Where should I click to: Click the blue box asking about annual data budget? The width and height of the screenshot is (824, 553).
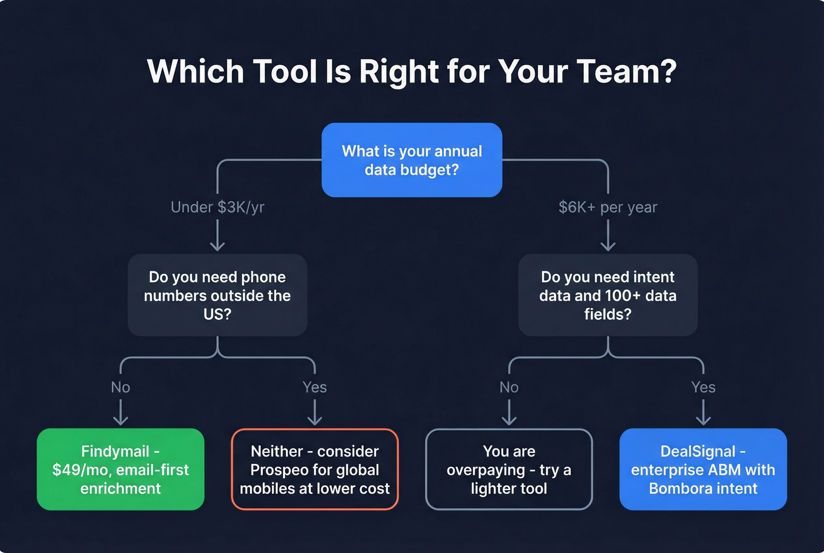pyautogui.click(x=411, y=160)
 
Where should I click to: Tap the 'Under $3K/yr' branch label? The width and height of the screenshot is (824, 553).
pyautogui.click(x=217, y=207)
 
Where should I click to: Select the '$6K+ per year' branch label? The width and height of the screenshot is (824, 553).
pyautogui.click(x=607, y=207)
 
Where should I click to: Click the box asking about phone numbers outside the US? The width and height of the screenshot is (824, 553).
pyautogui.click(x=217, y=295)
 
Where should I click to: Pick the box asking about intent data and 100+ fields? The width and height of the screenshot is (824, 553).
pyautogui.click(x=607, y=295)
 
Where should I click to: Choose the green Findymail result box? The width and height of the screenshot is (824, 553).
pyautogui.click(x=121, y=469)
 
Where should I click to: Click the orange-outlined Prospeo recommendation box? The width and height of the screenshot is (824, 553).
pyautogui.click(x=315, y=469)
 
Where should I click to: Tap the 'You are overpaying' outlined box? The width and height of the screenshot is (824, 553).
pyautogui.click(x=509, y=469)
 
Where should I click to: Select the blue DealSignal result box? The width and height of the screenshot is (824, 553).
pyautogui.click(x=703, y=469)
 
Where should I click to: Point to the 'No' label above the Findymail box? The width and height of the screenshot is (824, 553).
pyautogui.click(x=121, y=387)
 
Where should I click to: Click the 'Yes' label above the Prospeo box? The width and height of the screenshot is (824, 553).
pyautogui.click(x=315, y=387)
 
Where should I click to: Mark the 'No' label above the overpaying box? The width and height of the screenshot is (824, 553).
pyautogui.click(x=509, y=387)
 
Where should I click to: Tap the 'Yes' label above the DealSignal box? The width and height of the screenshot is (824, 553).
pyautogui.click(x=703, y=387)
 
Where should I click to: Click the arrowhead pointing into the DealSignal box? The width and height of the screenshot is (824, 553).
pyautogui.click(x=703, y=420)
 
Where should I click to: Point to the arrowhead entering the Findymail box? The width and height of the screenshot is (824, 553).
pyautogui.click(x=121, y=420)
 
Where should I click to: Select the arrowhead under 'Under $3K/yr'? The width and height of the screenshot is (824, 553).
pyautogui.click(x=217, y=246)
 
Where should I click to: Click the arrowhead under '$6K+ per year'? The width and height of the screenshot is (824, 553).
pyautogui.click(x=608, y=246)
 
